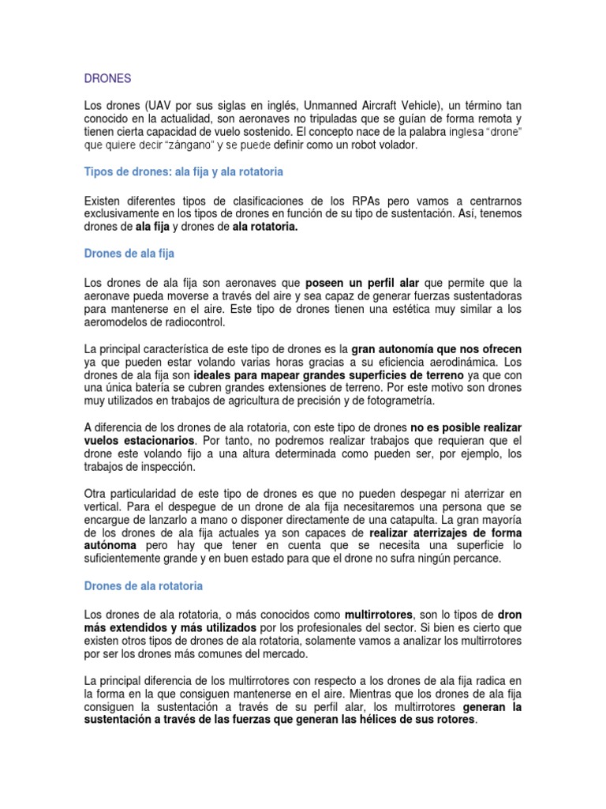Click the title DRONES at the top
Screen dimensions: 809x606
pos(107,79)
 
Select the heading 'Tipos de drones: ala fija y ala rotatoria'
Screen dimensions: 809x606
pos(183,171)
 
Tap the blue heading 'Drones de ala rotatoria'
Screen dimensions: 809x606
pos(143,585)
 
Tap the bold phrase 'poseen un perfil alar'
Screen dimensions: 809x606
pos(363,283)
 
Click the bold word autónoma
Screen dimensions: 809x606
pos(110,546)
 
